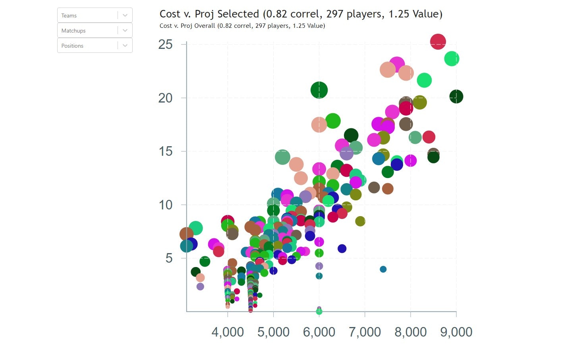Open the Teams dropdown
point(95,15)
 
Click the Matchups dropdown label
point(73,31)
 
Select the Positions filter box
point(95,46)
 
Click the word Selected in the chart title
point(238,14)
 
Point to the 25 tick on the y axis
point(165,45)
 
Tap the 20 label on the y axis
point(165,98)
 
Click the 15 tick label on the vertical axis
point(165,151)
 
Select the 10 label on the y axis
point(165,205)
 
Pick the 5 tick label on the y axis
point(169,258)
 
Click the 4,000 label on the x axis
point(228,332)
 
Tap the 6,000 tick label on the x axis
point(319,332)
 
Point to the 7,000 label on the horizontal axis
point(365,332)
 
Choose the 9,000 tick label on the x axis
point(456,332)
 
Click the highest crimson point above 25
point(438,41)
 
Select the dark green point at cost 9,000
point(456,96)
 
